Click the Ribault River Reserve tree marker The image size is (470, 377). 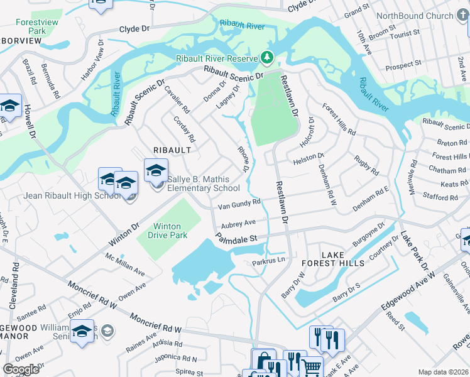(268, 58)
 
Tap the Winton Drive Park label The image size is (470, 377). (167, 231)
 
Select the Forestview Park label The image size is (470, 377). (32, 26)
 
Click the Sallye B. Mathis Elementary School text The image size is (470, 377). (198, 183)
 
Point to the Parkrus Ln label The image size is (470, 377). (269, 261)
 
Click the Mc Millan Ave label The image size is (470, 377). (125, 265)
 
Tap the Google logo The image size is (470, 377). (21, 369)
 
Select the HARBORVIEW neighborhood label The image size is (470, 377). (21, 41)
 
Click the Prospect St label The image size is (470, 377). (403, 65)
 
